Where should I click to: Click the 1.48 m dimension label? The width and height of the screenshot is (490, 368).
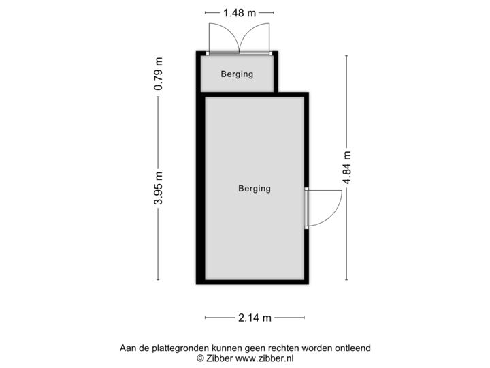pos(238,12)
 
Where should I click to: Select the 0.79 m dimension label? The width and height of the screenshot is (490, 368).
pos(158,74)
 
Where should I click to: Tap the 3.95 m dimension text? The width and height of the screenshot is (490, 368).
pos(158,187)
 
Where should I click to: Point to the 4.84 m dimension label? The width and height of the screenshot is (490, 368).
pos(346,167)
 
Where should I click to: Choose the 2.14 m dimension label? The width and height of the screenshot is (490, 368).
pos(254,317)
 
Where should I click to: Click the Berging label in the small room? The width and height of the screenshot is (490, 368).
pos(237,74)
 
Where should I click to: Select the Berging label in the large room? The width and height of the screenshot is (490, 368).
pos(254,189)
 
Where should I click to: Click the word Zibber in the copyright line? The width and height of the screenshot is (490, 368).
pos(219,357)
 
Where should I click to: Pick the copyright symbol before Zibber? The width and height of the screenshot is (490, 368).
pos(200,357)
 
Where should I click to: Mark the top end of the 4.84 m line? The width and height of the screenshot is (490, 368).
pos(346,56)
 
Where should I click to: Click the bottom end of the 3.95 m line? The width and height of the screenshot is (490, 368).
pos(158,279)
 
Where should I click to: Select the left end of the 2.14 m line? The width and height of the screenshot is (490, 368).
pos(205,317)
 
